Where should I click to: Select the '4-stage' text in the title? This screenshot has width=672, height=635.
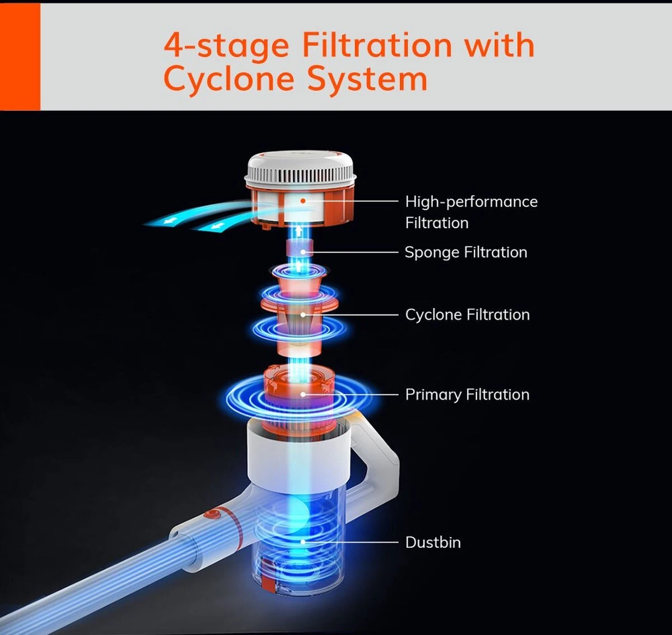tap(227, 46)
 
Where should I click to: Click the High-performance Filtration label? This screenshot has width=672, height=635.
tap(472, 212)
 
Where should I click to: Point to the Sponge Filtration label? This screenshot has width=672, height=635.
tap(466, 253)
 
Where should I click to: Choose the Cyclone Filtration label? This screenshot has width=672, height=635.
tap(467, 315)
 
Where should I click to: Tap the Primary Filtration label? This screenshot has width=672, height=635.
tap(467, 395)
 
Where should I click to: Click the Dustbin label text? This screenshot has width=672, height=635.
tap(433, 543)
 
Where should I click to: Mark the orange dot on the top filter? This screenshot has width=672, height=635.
tap(303, 201)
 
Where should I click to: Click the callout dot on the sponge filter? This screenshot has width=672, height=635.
tap(303, 252)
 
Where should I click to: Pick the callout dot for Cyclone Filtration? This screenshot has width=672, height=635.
tap(303, 314)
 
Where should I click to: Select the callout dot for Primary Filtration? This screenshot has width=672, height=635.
tap(303, 394)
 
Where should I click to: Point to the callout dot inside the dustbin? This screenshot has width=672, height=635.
tap(303, 542)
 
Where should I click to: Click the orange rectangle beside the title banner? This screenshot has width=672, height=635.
tap(20, 57)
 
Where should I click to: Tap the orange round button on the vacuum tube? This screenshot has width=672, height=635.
tap(212, 516)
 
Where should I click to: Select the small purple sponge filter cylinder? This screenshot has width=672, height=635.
tap(300, 248)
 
